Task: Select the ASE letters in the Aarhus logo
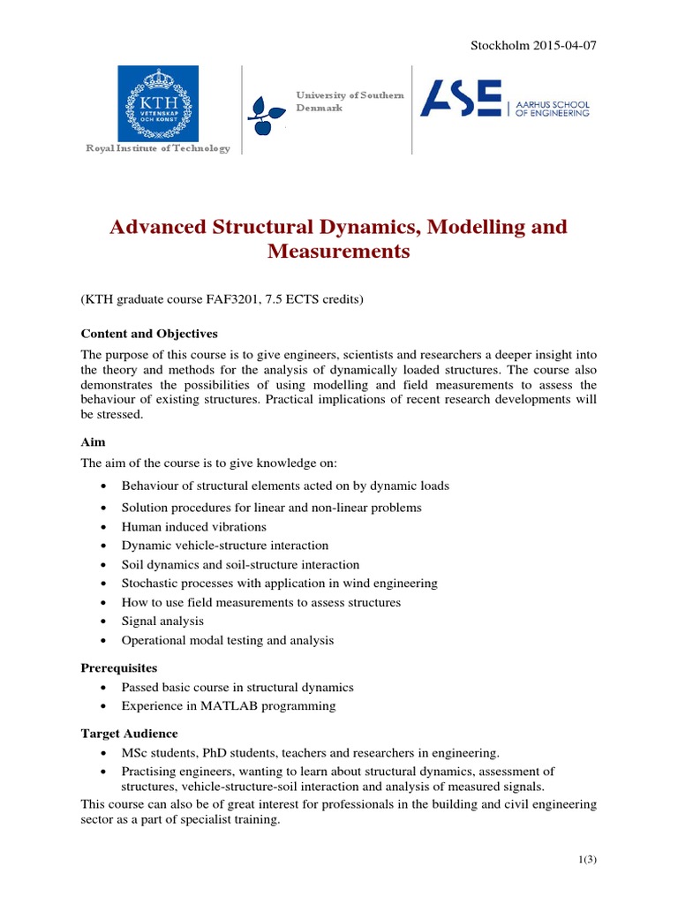coord(460,99)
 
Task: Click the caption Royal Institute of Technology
coord(157,148)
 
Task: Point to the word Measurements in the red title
coord(338,252)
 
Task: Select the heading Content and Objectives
coord(149,334)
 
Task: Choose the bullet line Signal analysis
coord(162,621)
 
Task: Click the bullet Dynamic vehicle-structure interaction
coord(225,546)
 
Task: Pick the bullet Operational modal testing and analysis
coord(228,640)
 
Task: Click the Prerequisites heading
coord(119,668)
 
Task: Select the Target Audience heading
coord(129,734)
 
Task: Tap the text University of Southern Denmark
coord(350,101)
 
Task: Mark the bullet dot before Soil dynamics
coord(104,565)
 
